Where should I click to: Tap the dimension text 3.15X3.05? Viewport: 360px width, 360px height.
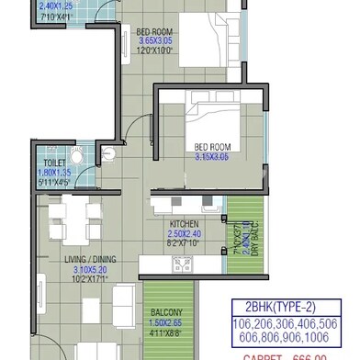(x=210, y=156)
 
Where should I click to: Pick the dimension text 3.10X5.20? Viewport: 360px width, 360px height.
(x=94, y=269)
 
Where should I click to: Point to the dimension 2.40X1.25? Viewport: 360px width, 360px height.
(x=54, y=6)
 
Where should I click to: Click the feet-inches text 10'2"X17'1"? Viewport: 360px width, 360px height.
(x=94, y=280)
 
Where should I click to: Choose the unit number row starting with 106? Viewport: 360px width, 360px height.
(x=285, y=325)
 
